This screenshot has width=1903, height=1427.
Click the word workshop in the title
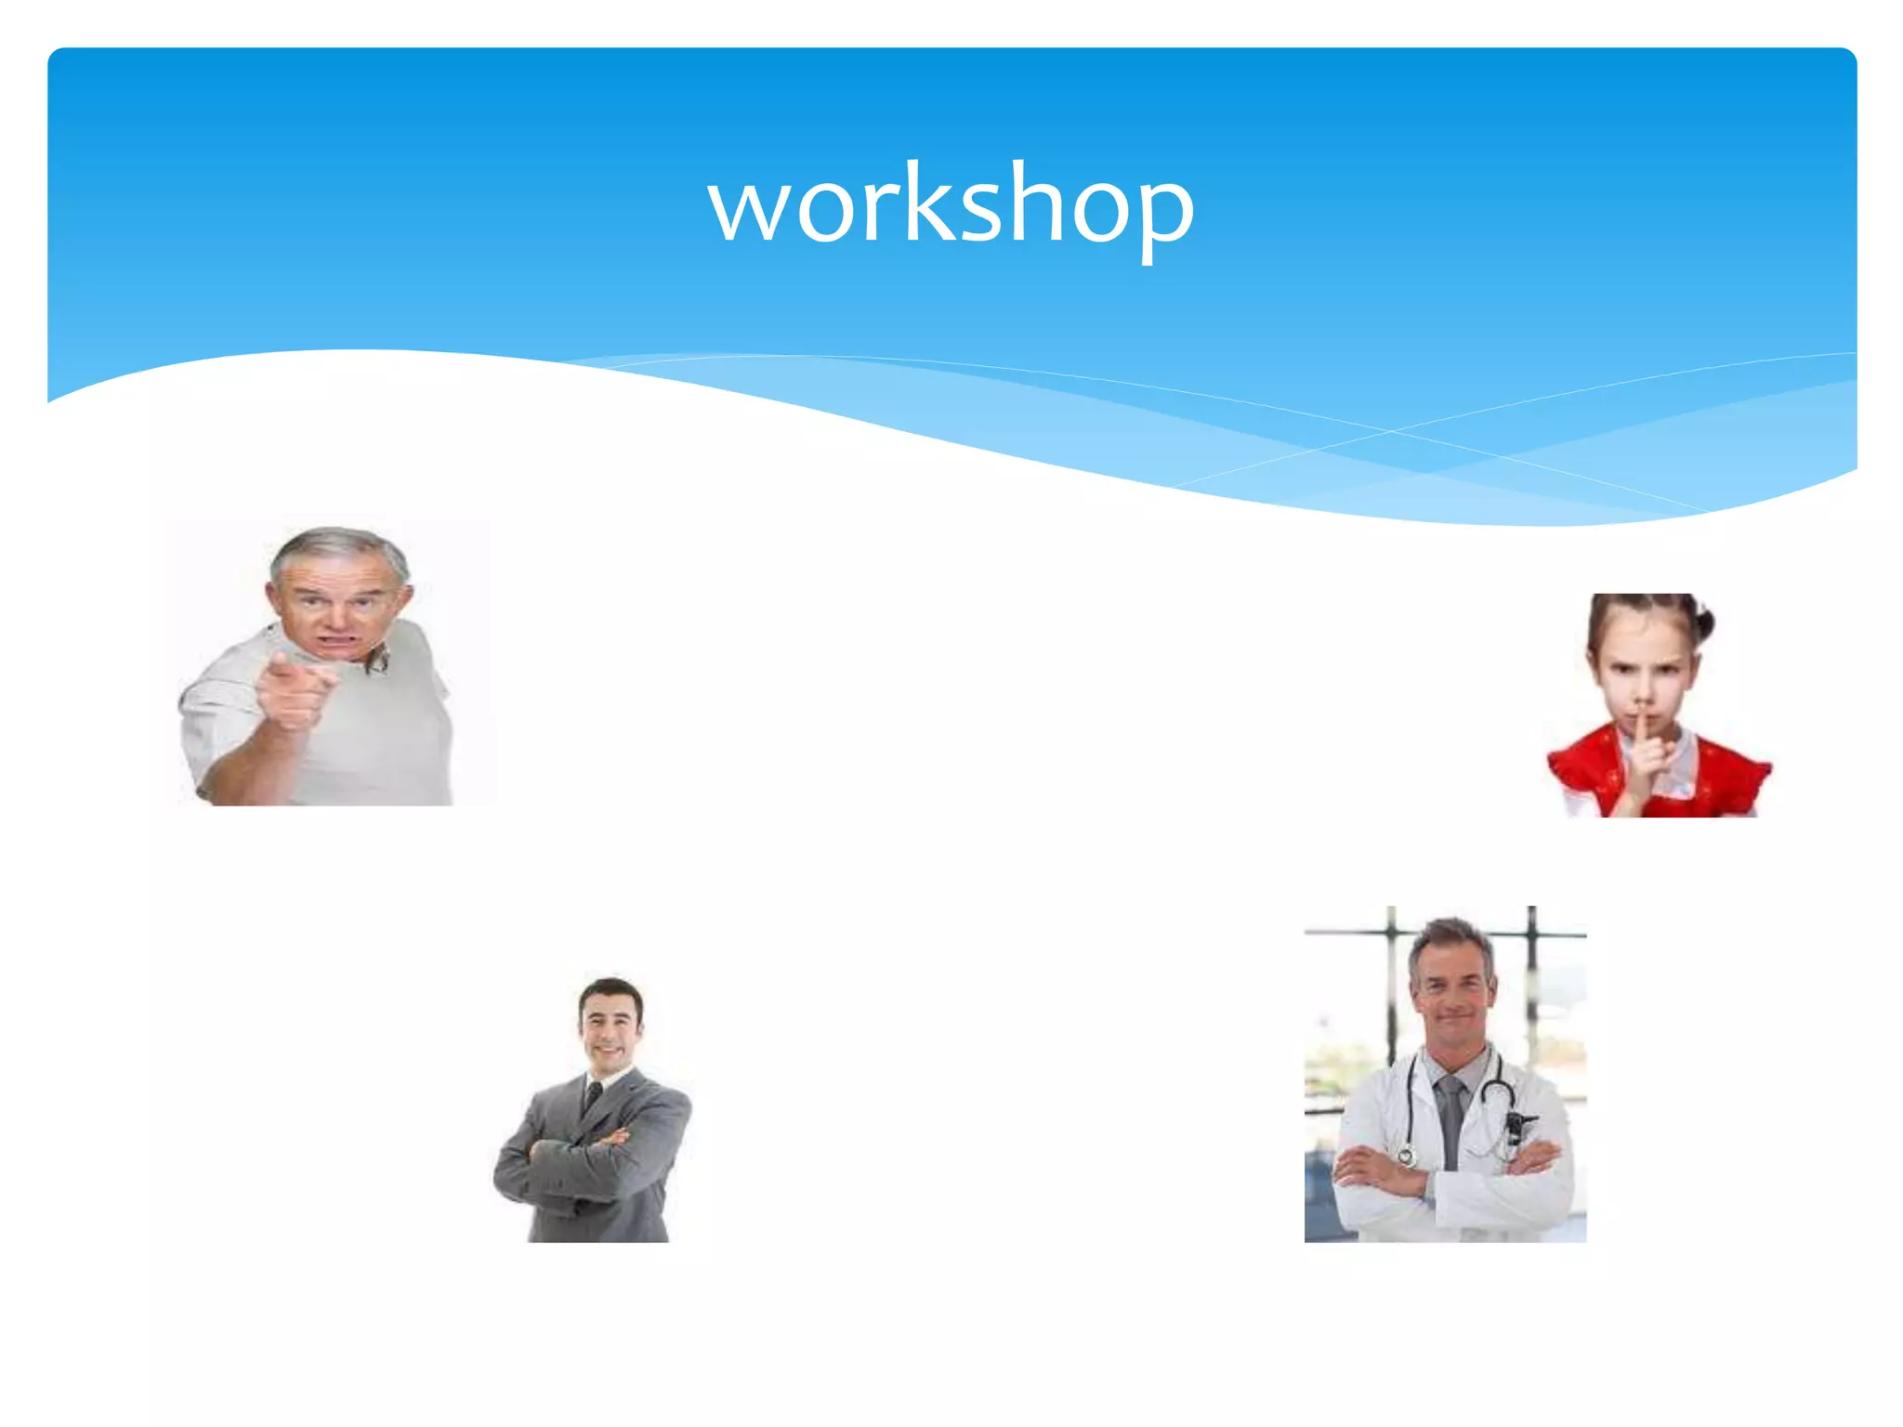(951, 204)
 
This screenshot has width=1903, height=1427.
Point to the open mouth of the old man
(338, 641)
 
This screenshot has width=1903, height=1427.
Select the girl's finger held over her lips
(1643, 734)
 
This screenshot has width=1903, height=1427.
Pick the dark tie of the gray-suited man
(593, 1096)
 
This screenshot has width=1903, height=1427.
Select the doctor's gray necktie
(1450, 1115)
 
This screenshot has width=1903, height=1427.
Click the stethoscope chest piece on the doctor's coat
(1406, 1157)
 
